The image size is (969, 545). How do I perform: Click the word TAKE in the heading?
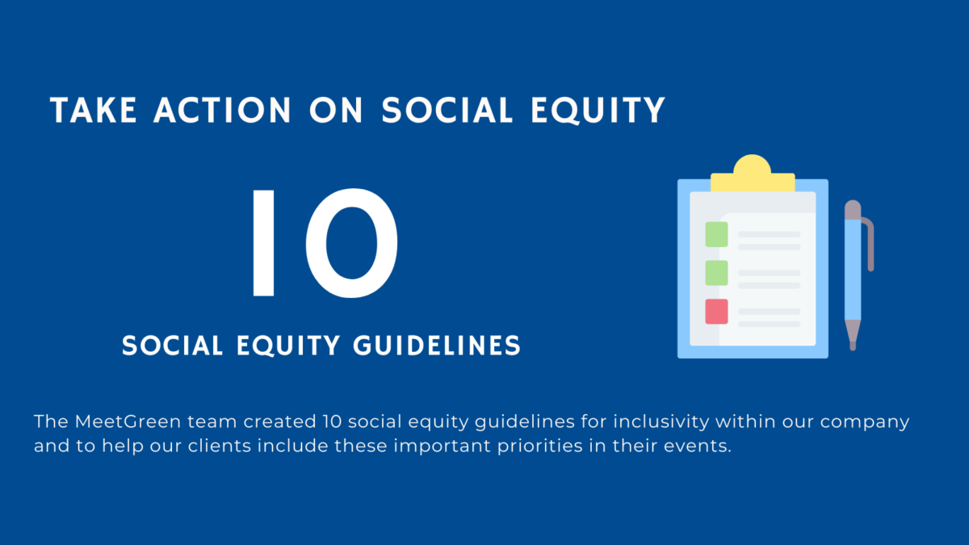(x=94, y=110)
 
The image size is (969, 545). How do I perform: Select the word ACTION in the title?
(x=222, y=110)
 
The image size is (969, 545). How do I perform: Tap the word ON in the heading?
(x=336, y=110)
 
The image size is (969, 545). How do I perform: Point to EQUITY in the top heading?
(x=598, y=111)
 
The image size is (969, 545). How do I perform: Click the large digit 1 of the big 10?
(x=263, y=243)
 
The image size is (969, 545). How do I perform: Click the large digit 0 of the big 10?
(x=352, y=243)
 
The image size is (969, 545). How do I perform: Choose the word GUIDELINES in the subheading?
(x=437, y=346)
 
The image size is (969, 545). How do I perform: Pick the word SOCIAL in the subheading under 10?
(x=172, y=346)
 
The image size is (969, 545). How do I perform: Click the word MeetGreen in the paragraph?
(x=128, y=421)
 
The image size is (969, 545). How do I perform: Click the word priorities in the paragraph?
(x=540, y=446)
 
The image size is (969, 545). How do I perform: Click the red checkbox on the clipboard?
(x=716, y=312)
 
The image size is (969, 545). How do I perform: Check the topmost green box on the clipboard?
(x=716, y=234)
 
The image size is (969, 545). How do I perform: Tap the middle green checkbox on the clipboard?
(x=716, y=273)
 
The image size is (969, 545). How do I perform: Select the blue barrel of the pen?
(x=853, y=269)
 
